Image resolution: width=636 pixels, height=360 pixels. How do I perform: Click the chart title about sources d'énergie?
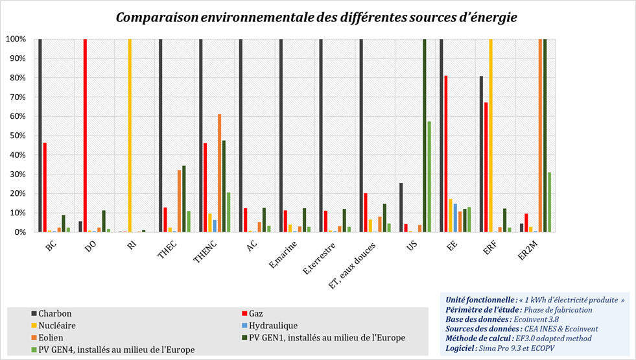click(x=316, y=17)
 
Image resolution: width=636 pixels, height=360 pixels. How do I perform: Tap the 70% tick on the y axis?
click(x=16, y=97)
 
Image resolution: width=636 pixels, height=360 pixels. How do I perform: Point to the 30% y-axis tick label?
click(x=16, y=174)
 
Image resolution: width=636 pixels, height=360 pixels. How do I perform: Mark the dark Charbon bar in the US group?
click(x=401, y=207)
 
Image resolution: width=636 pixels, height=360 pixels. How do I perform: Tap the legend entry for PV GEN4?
click(x=112, y=350)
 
